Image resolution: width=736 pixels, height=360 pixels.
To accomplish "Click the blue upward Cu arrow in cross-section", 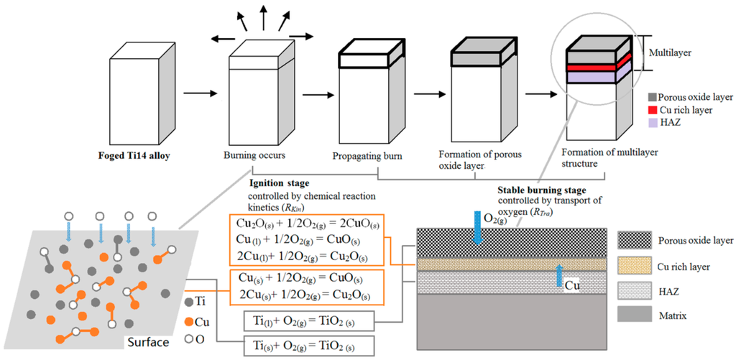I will point(560,277).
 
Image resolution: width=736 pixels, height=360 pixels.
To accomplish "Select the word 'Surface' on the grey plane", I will point(147,342).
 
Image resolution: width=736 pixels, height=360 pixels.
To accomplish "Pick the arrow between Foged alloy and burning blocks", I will point(197,93).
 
